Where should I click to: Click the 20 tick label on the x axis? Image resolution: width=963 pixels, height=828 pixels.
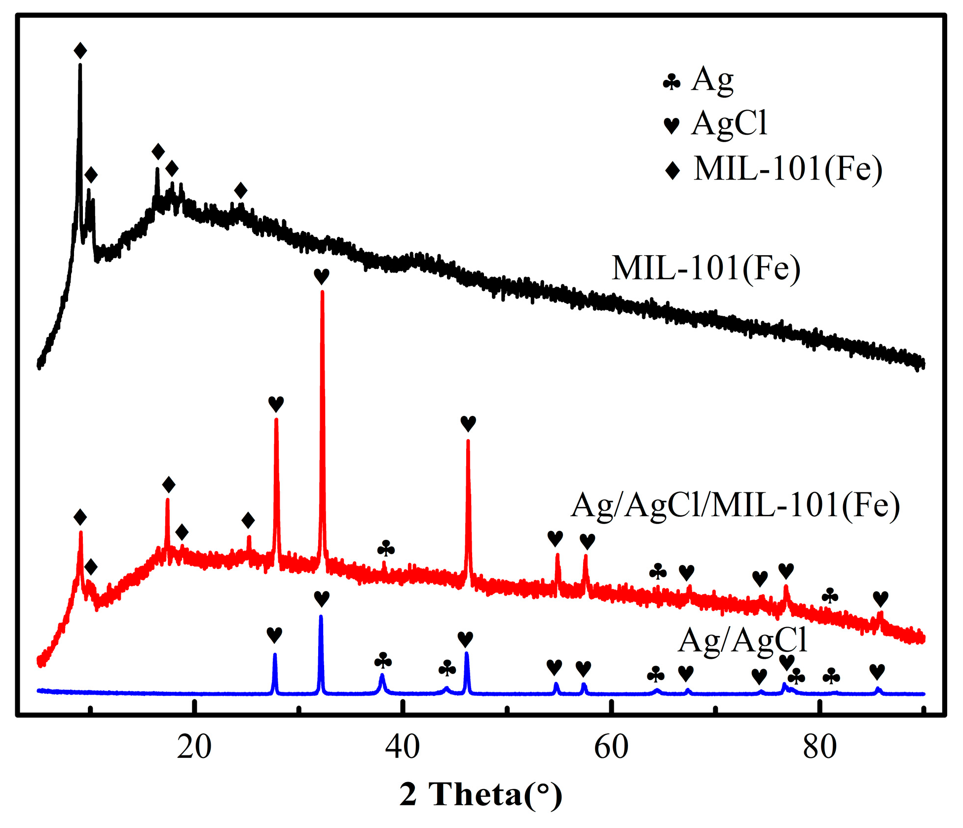(x=194, y=747)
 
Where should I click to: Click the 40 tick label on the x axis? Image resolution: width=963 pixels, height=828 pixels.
(x=403, y=747)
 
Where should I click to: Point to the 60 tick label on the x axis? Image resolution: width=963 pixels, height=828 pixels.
(x=611, y=747)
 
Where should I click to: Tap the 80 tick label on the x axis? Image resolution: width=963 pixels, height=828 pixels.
(x=819, y=747)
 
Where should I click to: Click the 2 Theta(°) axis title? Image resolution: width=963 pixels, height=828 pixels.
(x=481, y=794)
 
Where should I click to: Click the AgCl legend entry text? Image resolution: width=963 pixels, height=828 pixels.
(x=729, y=123)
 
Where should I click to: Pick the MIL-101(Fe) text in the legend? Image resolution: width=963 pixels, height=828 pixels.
(x=788, y=169)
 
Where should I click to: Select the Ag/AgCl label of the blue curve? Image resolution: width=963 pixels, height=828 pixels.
(x=742, y=640)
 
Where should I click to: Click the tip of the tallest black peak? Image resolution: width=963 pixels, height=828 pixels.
(x=80, y=66)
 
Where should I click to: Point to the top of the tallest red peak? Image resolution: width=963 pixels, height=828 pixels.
(x=322, y=292)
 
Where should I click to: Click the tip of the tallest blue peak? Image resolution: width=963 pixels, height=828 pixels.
(x=321, y=616)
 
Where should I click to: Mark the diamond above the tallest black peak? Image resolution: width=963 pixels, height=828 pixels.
(x=80, y=50)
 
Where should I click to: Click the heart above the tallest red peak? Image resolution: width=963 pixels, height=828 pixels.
(x=322, y=276)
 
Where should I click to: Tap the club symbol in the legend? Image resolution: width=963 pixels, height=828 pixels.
(x=671, y=82)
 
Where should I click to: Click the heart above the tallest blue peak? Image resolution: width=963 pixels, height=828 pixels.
(x=322, y=599)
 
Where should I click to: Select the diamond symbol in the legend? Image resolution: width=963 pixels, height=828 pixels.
(x=672, y=171)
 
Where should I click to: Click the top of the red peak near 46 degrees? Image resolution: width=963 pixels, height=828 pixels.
(x=468, y=440)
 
